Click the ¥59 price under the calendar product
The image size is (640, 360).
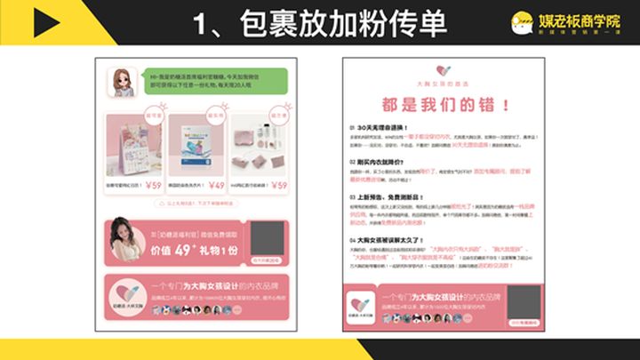(x=152, y=186)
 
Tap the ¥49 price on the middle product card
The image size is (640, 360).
(x=216, y=186)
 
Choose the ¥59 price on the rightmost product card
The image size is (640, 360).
(x=279, y=186)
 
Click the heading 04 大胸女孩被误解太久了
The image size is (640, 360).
(x=390, y=239)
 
